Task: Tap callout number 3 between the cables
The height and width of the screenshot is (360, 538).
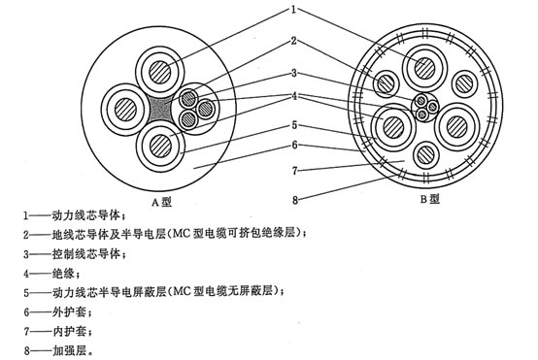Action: click(x=289, y=73)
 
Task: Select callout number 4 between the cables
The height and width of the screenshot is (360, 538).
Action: click(x=289, y=95)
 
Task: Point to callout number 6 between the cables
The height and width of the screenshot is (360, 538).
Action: click(x=289, y=147)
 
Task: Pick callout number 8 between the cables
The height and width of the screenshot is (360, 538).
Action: click(x=289, y=201)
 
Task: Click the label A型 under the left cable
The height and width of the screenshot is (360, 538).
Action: click(x=159, y=202)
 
